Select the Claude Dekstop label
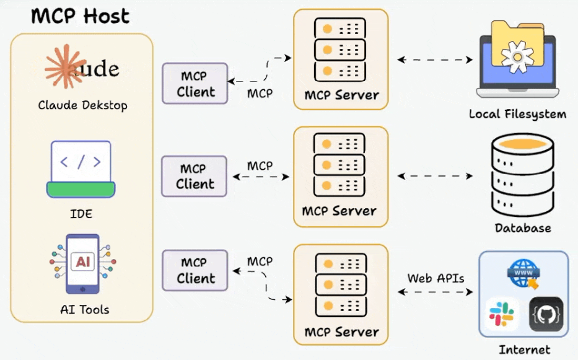tap(82, 105)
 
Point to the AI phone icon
tap(82, 263)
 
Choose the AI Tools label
tap(85, 309)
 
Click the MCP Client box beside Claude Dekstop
tap(195, 84)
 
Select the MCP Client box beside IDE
tap(195, 176)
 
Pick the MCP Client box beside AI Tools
tap(195, 270)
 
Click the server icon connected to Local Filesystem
tap(340, 49)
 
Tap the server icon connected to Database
tap(340, 164)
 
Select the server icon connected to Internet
tap(340, 283)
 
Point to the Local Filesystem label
tap(517, 114)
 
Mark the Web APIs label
tap(436, 278)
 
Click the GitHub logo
tap(546, 314)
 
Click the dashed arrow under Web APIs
tap(435, 291)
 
